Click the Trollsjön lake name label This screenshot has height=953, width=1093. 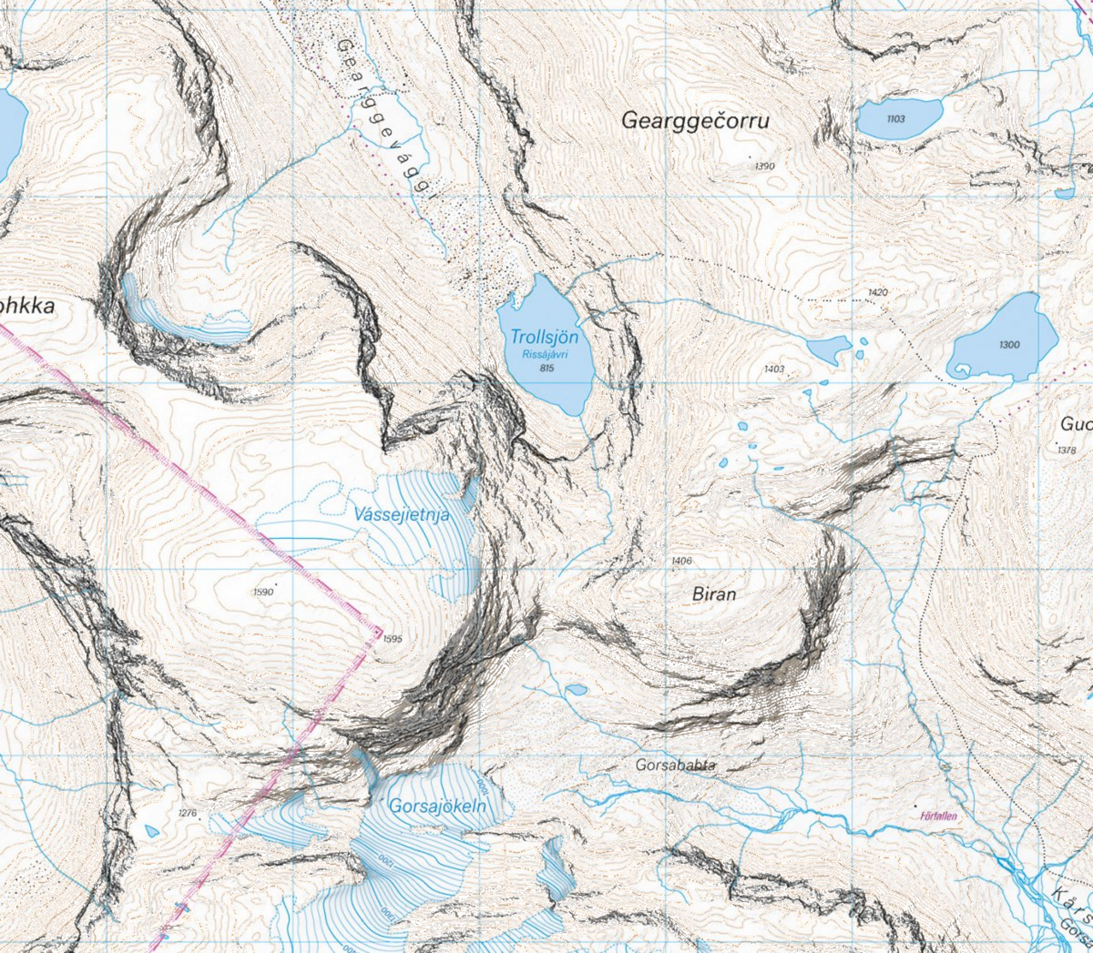(544, 337)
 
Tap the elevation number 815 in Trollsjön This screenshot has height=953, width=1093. (546, 368)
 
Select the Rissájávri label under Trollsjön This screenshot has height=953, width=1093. (545, 354)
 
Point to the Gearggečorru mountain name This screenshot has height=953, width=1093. (695, 120)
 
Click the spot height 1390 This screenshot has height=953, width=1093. (765, 166)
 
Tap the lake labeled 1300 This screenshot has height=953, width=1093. (1009, 345)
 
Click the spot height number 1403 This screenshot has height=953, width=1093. (774, 369)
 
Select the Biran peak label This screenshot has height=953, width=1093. (714, 594)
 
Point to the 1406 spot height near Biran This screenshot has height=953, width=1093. (681, 560)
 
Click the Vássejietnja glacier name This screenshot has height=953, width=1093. (402, 514)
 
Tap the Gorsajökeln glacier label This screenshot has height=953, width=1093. (437, 806)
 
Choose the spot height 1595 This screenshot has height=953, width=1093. (392, 638)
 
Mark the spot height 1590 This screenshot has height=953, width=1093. (263, 592)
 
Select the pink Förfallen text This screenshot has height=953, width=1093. (938, 816)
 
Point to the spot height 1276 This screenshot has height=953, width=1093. (188, 813)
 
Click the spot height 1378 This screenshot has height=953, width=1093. (1067, 450)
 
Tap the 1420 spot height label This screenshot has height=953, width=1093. (878, 292)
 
